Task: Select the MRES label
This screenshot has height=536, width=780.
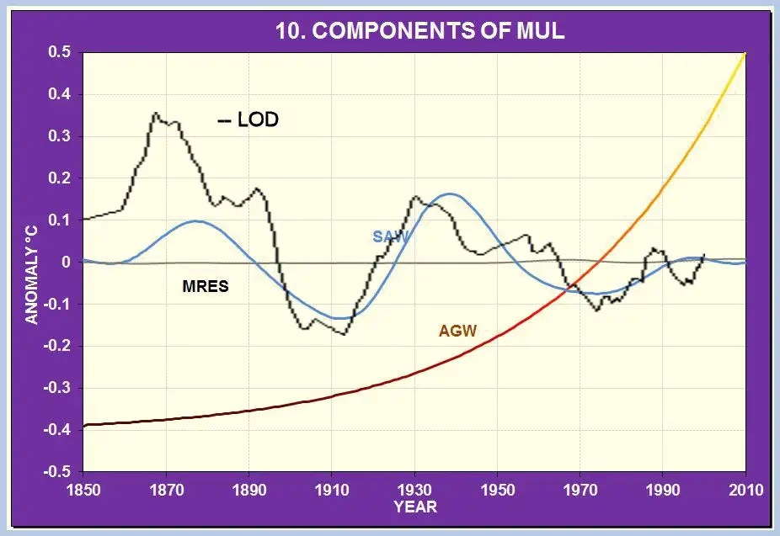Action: click(x=206, y=287)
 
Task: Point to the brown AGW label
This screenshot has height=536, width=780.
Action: click(x=457, y=331)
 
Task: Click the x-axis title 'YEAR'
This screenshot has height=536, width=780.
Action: click(x=414, y=507)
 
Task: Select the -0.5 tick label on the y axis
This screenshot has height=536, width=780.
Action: click(x=57, y=471)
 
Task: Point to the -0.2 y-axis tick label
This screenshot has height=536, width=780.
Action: click(x=57, y=346)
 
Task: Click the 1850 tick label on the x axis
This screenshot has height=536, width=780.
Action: click(x=83, y=490)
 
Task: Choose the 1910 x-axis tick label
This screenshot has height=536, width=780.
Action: click(x=331, y=490)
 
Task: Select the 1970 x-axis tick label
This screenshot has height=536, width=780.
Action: click(x=580, y=490)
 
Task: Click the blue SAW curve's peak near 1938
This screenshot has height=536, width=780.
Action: click(x=451, y=194)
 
